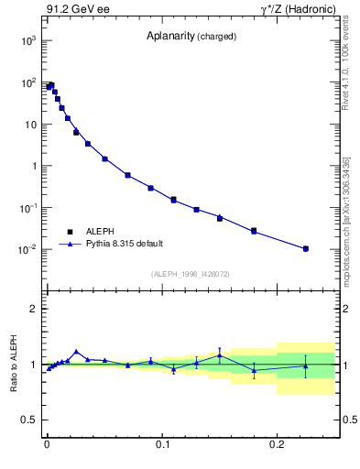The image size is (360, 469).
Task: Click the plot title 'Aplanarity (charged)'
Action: coord(191,37)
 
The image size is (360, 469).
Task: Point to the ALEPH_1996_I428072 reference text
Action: coord(191,273)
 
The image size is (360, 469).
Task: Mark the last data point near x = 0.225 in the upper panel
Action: coord(306,248)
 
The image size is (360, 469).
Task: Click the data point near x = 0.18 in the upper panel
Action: coord(254,230)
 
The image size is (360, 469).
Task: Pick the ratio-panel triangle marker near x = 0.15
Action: coord(220,355)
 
